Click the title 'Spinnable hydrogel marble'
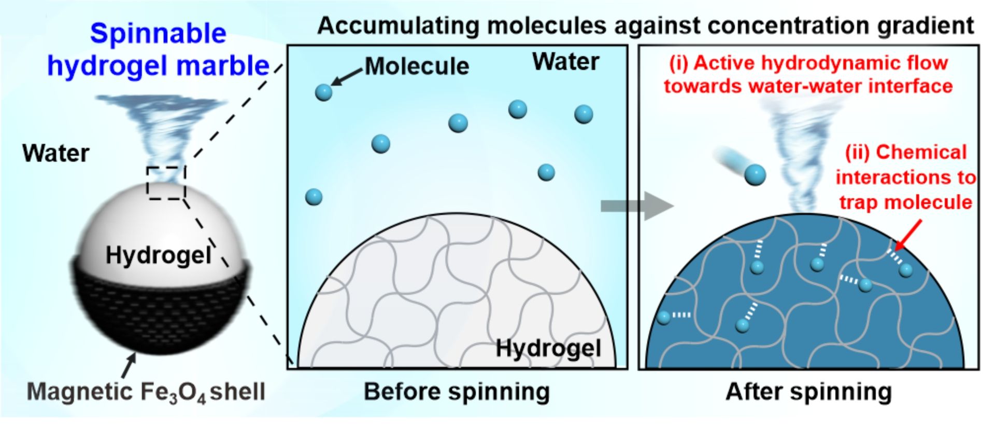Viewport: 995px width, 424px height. pos(158,50)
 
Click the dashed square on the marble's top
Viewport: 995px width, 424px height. pos(166,183)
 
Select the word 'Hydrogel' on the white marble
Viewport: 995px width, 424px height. pos(159,255)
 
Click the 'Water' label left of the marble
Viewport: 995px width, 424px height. pos(55,154)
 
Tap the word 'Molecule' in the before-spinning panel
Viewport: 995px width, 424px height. pos(417,66)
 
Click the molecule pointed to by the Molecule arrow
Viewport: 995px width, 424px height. pos(324,92)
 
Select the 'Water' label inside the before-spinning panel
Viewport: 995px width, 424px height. pos(565,62)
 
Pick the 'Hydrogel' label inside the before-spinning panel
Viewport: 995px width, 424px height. pos(548,348)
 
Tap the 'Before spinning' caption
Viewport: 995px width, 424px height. pos(457,392)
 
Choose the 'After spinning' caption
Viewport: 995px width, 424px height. pos(808,392)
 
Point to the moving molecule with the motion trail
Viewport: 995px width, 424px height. pos(755,175)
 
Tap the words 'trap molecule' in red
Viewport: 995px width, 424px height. pos(905,202)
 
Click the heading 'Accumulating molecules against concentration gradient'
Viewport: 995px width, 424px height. pos(645,25)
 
